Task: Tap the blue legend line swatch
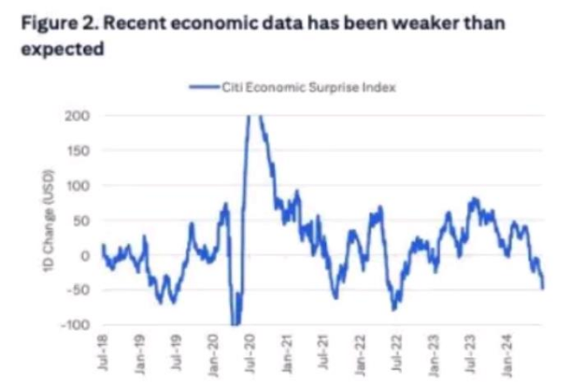pos(203,87)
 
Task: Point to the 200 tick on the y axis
pos(78,116)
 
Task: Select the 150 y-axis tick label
pos(78,151)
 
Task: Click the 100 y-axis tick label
pos(78,186)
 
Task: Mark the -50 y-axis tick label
pos(78,290)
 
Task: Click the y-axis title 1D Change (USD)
pos(51,220)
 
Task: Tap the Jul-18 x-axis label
pos(103,351)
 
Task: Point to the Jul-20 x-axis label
pos(250,351)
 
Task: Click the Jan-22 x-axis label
pos(360,351)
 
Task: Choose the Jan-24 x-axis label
pos(508,351)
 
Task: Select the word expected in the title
pos(60,50)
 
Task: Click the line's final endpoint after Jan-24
pos(543,287)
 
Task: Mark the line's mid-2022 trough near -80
pos(394,309)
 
